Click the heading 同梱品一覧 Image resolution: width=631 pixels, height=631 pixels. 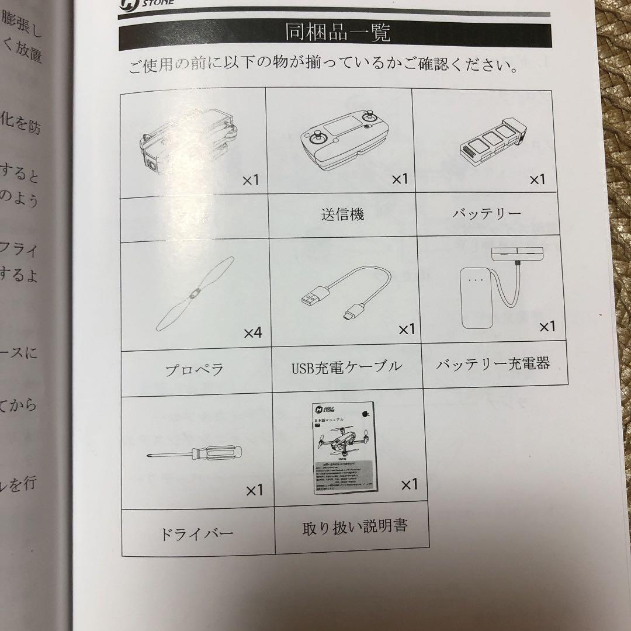click(338, 33)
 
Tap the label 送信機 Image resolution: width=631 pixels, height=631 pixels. click(342, 214)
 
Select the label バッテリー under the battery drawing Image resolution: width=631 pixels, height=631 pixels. click(487, 214)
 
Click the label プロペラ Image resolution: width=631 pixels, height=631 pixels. click(195, 369)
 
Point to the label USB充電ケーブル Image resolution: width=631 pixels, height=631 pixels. click(346, 367)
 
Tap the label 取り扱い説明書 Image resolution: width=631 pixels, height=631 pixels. click(355, 527)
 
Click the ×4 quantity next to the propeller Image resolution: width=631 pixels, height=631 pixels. click(253, 333)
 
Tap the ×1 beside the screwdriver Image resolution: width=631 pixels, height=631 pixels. click(254, 490)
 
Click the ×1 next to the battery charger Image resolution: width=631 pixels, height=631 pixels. click(547, 327)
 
